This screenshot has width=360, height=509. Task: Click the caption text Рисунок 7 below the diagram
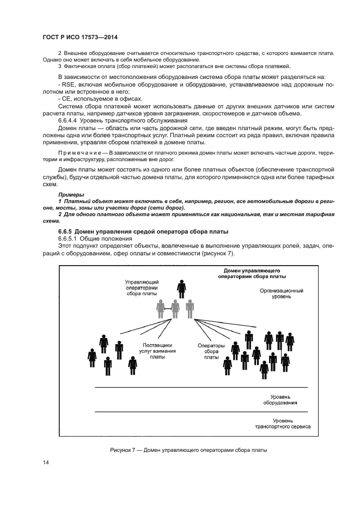tap(126, 450)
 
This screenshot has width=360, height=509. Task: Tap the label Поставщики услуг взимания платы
tap(157, 351)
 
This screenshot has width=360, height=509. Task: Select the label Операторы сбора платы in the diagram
tap(212, 351)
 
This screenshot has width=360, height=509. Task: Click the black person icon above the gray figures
tap(181, 288)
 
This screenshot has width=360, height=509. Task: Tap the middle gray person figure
tap(175, 309)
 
